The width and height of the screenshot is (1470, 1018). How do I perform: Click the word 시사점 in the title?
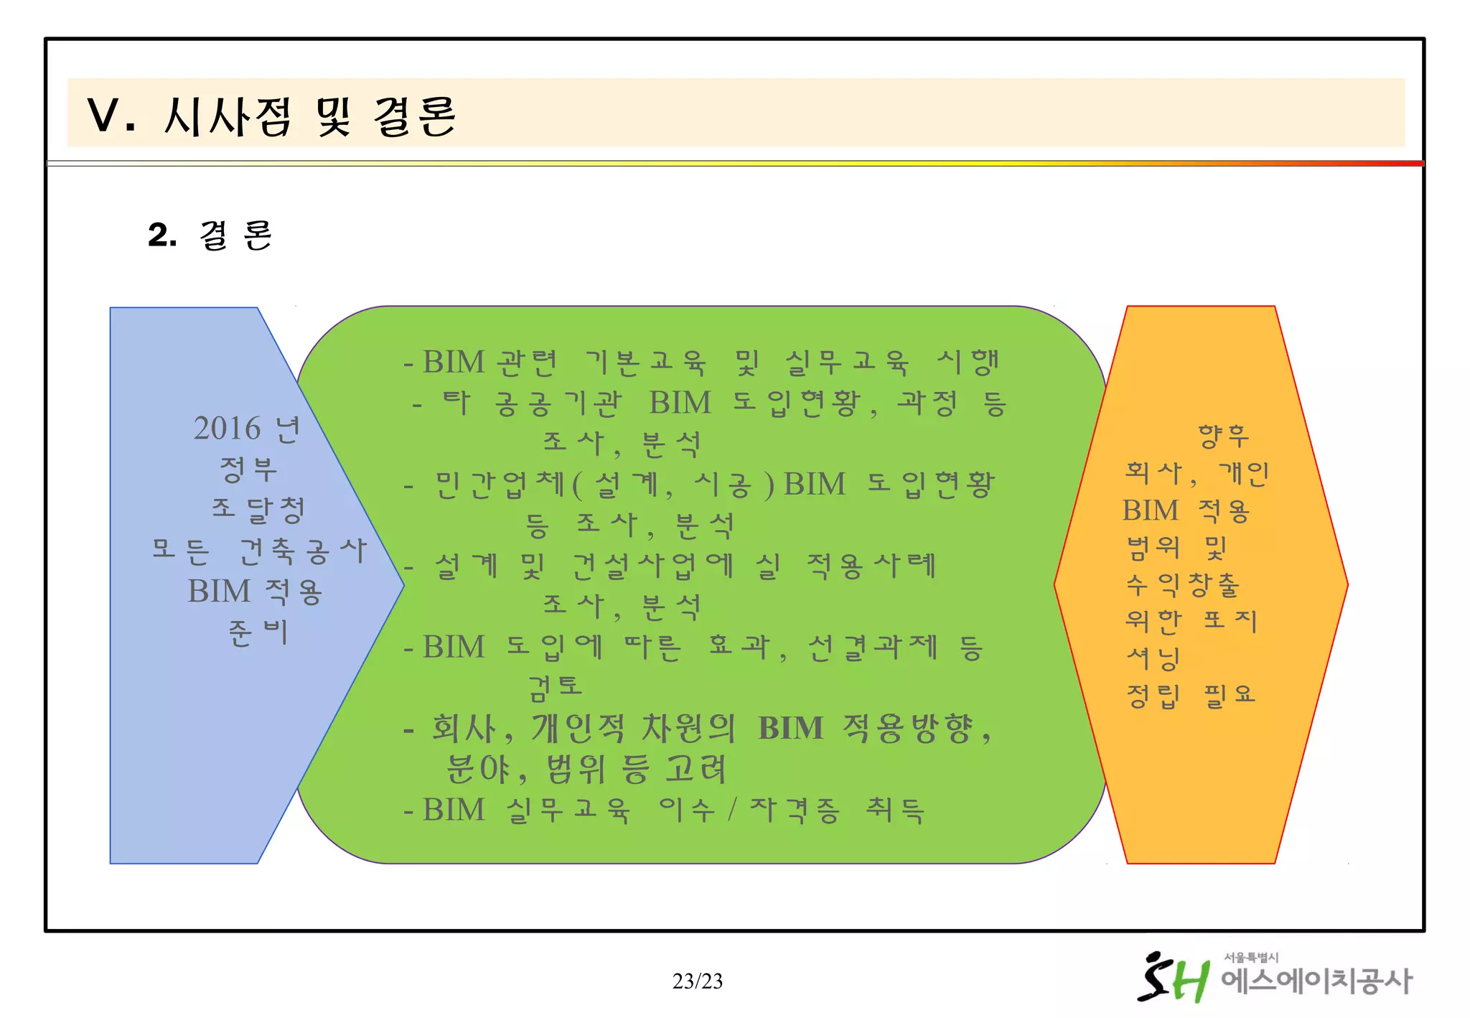(228, 116)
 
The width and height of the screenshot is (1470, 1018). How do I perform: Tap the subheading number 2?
(162, 235)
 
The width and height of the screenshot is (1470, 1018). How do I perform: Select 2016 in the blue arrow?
(227, 429)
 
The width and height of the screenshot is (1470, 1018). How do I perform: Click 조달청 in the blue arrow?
(258, 510)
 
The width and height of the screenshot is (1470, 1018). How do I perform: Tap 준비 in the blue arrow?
(258, 632)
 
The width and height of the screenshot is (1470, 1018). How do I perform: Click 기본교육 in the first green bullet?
(645, 363)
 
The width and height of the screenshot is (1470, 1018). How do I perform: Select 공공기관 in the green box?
(558, 403)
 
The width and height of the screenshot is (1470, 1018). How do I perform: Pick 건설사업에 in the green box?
(653, 566)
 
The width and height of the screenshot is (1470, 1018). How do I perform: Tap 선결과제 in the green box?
(873, 648)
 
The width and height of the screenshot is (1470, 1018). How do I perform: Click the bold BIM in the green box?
(790, 728)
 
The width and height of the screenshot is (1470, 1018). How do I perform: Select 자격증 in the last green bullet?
(795, 811)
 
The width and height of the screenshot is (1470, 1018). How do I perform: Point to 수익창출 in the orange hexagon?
(1182, 585)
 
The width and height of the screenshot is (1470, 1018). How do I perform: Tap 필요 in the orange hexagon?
(1230, 695)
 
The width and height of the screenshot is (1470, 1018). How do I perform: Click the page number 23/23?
(698, 981)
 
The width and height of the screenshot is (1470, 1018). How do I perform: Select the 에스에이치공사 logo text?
(1316, 981)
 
